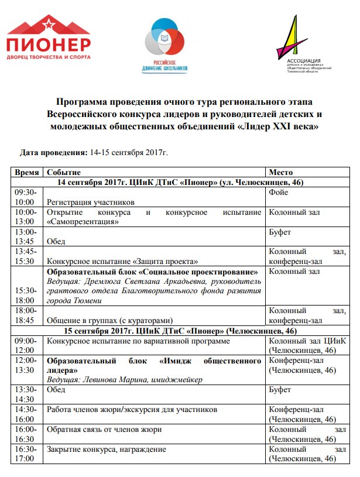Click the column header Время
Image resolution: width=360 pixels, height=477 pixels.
(27, 173)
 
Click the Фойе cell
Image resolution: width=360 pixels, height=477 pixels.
(277, 192)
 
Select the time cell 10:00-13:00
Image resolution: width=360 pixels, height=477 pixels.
(25, 217)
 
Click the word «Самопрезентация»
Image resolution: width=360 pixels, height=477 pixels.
(83, 222)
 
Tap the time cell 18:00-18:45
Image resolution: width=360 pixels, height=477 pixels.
(25, 315)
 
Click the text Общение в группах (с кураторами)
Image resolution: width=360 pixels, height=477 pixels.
(110, 320)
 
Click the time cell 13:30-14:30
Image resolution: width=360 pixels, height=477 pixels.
(25, 394)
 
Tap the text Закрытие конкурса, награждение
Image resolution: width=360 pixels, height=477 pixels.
(106, 449)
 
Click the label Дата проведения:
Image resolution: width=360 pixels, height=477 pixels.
(53, 152)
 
